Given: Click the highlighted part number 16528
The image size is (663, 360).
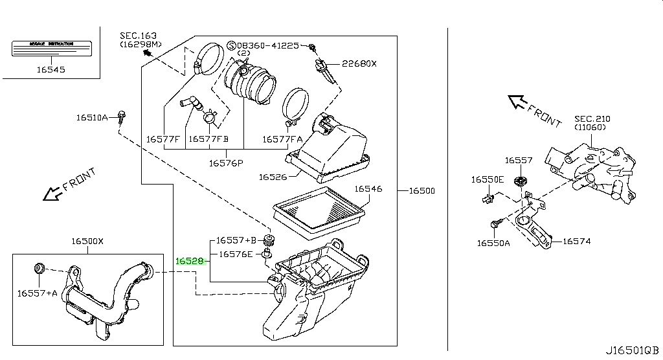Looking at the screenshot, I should click(190, 262).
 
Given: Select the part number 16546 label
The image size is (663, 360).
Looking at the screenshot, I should click(368, 189).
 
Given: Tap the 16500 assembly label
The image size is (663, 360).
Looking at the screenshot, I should click(421, 191).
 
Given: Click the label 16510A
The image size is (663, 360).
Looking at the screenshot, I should click(92, 118).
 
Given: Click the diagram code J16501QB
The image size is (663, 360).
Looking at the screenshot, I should click(633, 350).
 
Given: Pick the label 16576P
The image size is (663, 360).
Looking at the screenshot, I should click(225, 163).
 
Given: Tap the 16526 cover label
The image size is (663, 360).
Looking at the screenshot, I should click(273, 176).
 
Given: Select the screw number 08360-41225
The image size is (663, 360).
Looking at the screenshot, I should click(271, 45).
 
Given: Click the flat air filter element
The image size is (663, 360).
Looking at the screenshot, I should click(320, 210).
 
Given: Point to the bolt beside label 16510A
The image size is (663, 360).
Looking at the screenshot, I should click(121, 116).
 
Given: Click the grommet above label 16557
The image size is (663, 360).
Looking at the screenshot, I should click(519, 179).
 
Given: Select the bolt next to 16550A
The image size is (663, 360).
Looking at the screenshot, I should click(497, 224).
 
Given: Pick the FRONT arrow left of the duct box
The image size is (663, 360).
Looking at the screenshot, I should click(51, 192).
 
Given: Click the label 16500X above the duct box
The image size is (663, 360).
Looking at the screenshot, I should click(87, 242).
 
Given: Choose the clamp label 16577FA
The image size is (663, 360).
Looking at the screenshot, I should click(282, 139).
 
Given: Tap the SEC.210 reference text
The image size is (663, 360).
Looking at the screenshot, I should click(592, 119).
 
